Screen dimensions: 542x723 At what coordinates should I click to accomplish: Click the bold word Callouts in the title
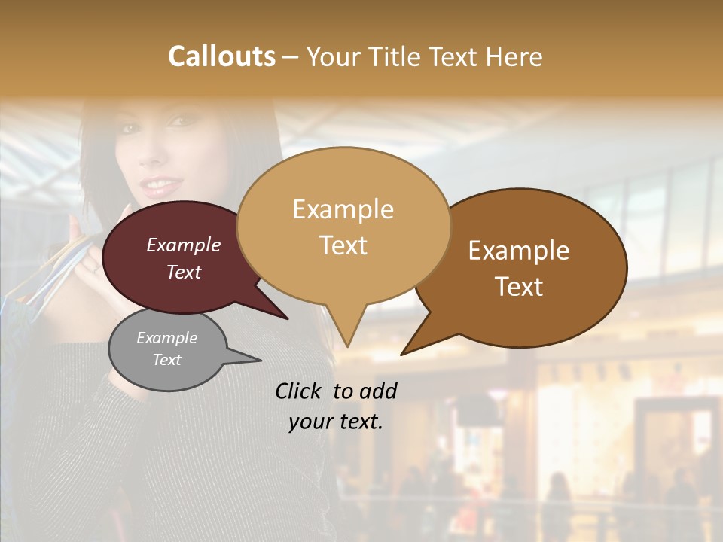pos(221,56)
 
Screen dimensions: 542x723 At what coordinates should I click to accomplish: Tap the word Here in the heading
pos(514,56)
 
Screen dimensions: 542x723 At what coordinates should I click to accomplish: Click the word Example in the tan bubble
pos(343,209)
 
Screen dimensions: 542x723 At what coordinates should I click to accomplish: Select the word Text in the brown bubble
pos(519,287)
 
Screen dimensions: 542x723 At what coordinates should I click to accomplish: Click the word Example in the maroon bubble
pos(184,245)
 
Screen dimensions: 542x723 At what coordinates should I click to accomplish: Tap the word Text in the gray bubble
pos(166,360)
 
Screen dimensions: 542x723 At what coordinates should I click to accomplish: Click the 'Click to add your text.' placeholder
pos(335,406)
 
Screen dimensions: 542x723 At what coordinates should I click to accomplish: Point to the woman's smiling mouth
pos(157,184)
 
